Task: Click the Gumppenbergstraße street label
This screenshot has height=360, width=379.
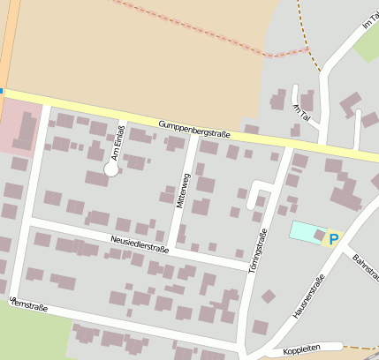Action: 194,129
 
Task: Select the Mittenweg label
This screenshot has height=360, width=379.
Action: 183,191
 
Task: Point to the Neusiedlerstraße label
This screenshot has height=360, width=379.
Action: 140,241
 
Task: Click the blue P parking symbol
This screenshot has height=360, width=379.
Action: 333,238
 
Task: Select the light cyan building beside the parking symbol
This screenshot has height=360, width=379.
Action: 307,232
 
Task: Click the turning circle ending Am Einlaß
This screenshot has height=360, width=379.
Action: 111,169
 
